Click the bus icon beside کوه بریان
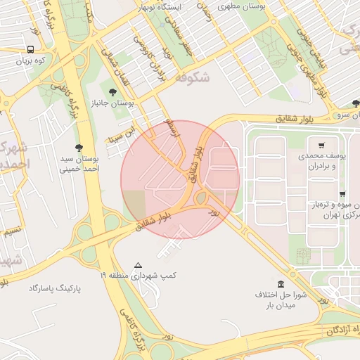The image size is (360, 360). tap(31, 49)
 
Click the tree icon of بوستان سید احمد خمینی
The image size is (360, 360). tap(78, 148)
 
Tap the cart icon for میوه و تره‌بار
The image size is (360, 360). tap(342, 194)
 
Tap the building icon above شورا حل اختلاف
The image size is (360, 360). tap(281, 284)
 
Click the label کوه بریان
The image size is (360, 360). tap(30, 60)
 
